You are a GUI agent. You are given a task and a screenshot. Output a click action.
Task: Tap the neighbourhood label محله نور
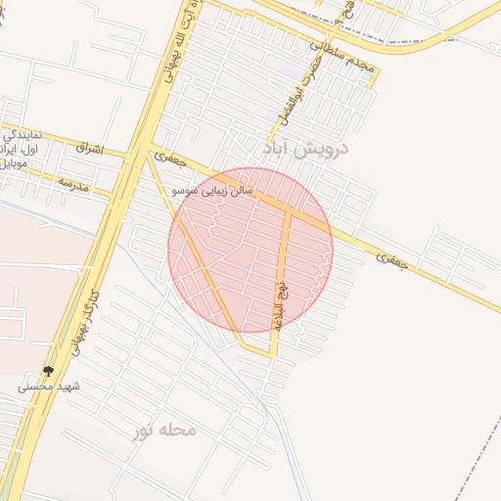tap(165, 430)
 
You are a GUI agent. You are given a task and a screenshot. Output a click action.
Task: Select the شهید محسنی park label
tap(48, 387)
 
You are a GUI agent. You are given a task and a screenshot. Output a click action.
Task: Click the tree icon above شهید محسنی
tap(48, 371)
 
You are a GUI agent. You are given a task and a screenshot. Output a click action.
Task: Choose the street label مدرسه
tap(72, 184)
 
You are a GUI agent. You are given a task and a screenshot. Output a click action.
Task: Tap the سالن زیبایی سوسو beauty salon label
tap(212, 190)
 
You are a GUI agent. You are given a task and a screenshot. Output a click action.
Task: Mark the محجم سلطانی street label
tap(342, 57)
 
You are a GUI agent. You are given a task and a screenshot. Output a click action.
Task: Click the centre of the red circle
tap(250, 250)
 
